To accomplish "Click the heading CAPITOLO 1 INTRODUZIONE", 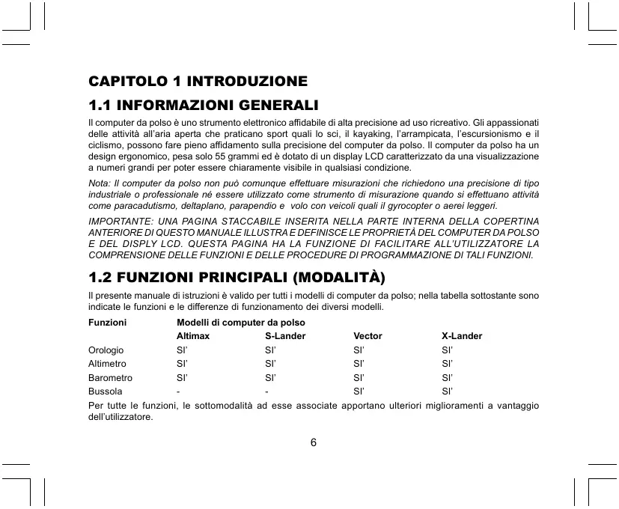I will [x=198, y=80].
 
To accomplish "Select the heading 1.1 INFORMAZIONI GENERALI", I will [x=204, y=103].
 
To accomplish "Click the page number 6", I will [x=314, y=442].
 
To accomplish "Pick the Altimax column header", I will [x=193, y=336].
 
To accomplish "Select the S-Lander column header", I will [x=285, y=336].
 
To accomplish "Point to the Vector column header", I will [x=368, y=336].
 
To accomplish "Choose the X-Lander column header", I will [x=462, y=336].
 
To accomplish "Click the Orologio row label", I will [x=106, y=350].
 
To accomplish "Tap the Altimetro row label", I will [x=108, y=364].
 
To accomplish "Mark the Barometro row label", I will [x=110, y=377].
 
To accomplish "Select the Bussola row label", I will [x=106, y=391].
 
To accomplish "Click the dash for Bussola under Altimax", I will [x=178, y=391].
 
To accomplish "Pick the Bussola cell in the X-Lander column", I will [x=448, y=391].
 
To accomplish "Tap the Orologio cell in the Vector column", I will [x=359, y=350].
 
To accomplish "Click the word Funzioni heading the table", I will [x=107, y=323].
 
